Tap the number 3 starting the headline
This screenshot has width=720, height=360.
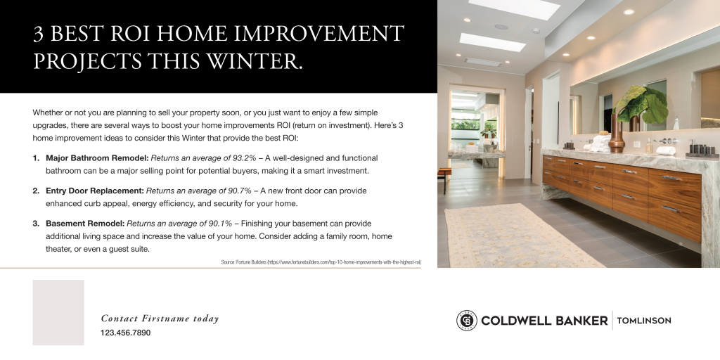tap(39, 34)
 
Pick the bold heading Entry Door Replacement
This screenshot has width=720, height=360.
tap(94, 191)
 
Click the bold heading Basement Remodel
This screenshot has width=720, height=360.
tap(84, 224)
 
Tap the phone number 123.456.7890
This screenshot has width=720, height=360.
tap(125, 333)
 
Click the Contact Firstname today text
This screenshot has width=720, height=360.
tap(160, 319)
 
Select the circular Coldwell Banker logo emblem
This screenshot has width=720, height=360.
tap(466, 321)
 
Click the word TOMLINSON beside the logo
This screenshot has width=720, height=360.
tap(643, 321)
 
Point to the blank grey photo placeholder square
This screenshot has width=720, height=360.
tap(58, 312)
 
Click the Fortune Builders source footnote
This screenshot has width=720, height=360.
tap(321, 262)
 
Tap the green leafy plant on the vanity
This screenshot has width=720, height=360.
tap(643, 105)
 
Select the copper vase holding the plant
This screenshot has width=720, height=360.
tap(617, 134)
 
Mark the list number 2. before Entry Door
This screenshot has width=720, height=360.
tap(36, 191)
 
